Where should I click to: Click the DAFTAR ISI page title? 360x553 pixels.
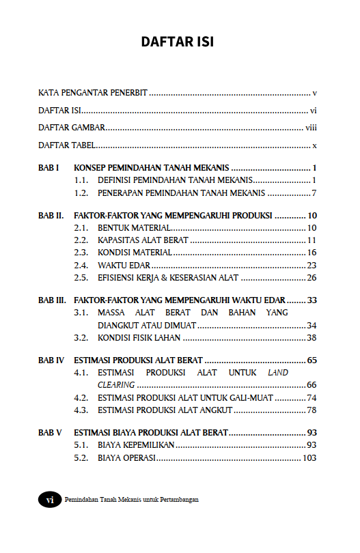[177, 42]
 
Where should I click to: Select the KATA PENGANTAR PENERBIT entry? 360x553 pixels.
[93, 92]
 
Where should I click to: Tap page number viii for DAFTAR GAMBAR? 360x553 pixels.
[310, 128]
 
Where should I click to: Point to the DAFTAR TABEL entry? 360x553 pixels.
[66, 145]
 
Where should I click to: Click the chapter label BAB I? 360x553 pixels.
[49, 168]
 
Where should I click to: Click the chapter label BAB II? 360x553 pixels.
[51, 215]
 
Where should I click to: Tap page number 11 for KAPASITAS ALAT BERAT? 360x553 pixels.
[311, 240]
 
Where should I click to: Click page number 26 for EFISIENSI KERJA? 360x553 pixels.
[311, 277]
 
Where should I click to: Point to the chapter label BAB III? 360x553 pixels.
[53, 300]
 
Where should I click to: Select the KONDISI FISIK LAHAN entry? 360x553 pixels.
[139, 337]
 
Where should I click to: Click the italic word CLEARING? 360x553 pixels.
[116, 385]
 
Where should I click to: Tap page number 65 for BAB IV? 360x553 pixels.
[311, 360]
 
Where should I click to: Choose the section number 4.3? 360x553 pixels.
[82, 410]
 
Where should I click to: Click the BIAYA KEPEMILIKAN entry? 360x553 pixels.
[136, 445]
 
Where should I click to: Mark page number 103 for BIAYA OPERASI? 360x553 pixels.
[309, 457]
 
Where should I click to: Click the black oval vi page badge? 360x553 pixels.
[49, 499]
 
